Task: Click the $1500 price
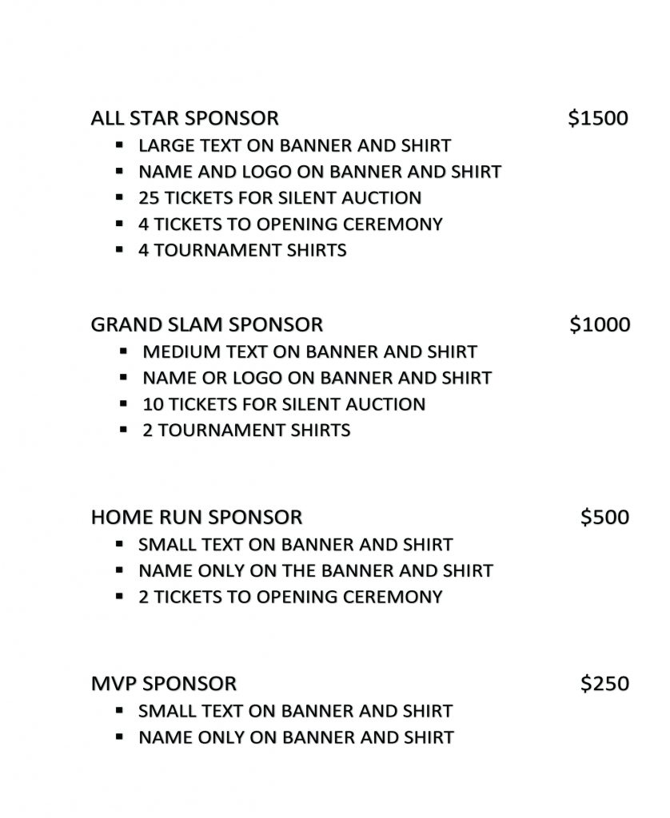(x=598, y=118)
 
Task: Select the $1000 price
(x=600, y=324)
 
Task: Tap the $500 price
(x=605, y=517)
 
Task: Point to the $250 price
(x=605, y=684)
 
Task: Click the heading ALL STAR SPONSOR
(x=185, y=118)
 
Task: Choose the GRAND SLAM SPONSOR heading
(x=207, y=324)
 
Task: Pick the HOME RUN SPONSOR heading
(x=197, y=517)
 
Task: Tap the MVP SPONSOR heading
(x=164, y=684)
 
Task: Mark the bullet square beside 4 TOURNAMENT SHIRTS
(x=119, y=250)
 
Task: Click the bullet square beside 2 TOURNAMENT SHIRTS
(x=124, y=430)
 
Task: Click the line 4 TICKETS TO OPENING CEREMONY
(x=290, y=224)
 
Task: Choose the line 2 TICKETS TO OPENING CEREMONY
(x=290, y=597)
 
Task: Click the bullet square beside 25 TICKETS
(x=119, y=197)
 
